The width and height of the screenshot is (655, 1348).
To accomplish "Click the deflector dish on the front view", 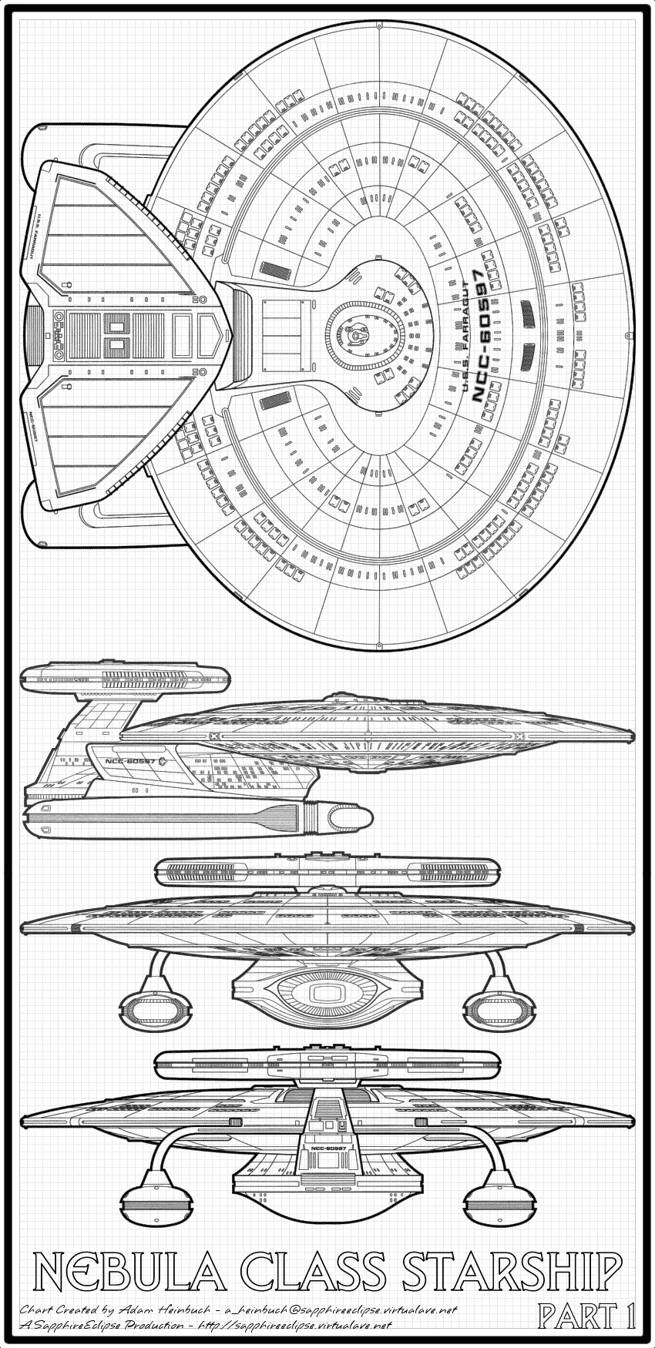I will pos(328,994).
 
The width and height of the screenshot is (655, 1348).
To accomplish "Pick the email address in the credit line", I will pos(339,1309).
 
